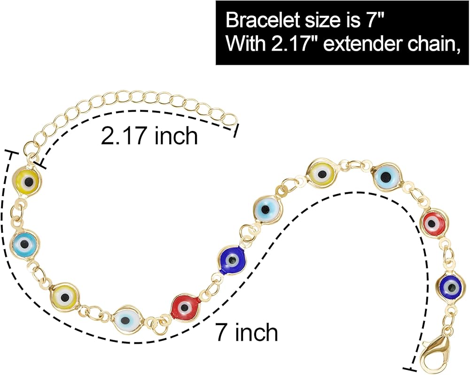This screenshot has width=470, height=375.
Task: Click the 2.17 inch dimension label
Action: click(x=149, y=137)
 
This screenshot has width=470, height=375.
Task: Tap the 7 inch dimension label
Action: click(x=246, y=332)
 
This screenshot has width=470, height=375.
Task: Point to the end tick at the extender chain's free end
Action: click(x=236, y=131)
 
